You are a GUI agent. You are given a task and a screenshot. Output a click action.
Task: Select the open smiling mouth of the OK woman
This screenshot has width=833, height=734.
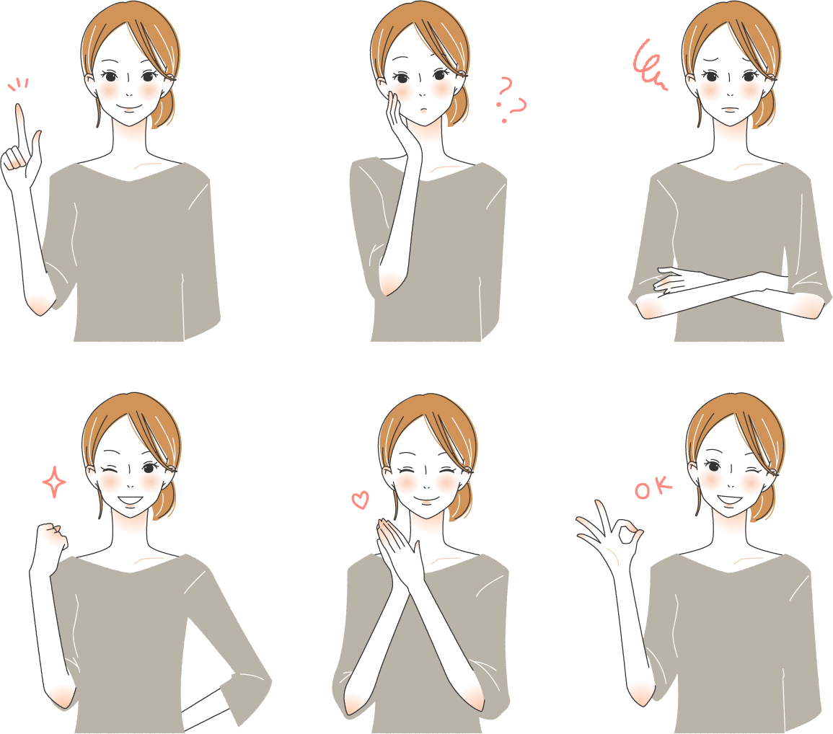tap(728, 500)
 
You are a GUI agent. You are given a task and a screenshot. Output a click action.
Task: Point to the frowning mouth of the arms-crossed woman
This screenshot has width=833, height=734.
tap(731, 109)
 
